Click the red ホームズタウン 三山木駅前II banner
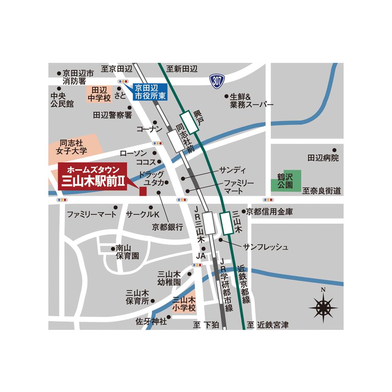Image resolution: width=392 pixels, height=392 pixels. click(93, 177)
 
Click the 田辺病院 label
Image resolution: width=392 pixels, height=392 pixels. click(323, 158)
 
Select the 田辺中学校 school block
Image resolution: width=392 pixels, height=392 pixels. click(99, 95)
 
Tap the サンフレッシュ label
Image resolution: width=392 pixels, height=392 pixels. click(266, 247)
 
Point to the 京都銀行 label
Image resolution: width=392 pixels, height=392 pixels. click(168, 227)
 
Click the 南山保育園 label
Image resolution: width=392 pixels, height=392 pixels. click(127, 252)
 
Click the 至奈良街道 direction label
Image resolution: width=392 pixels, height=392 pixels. click(321, 191)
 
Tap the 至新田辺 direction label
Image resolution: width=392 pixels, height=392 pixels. click(181, 69)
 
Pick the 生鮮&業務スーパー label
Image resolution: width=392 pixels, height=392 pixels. click(252, 100)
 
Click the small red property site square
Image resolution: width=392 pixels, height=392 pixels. click(143, 191)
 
